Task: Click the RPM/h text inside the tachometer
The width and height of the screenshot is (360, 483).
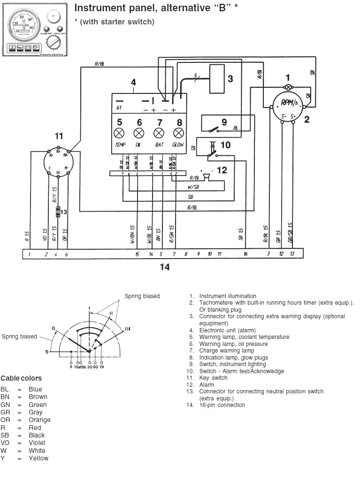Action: (289, 103)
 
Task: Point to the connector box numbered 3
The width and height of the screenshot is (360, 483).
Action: (217, 78)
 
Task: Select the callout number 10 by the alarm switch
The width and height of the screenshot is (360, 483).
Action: (225, 145)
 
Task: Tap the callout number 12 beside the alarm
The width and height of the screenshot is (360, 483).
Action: (222, 170)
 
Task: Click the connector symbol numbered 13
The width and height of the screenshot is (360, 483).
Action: (57, 211)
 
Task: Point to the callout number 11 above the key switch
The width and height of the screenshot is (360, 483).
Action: (59, 136)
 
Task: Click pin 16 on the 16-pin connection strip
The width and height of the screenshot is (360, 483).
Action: (245, 254)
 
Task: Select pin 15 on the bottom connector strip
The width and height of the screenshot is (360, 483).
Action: (137, 254)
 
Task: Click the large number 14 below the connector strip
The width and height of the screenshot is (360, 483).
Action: (164, 267)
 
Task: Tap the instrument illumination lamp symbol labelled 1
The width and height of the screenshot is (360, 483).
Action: (288, 88)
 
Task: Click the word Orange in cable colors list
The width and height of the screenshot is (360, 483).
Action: (39, 420)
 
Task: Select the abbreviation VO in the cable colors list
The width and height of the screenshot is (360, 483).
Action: (5, 443)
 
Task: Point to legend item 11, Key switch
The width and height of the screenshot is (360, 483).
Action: (213, 378)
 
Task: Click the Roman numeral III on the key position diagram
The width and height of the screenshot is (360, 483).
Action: (128, 328)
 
